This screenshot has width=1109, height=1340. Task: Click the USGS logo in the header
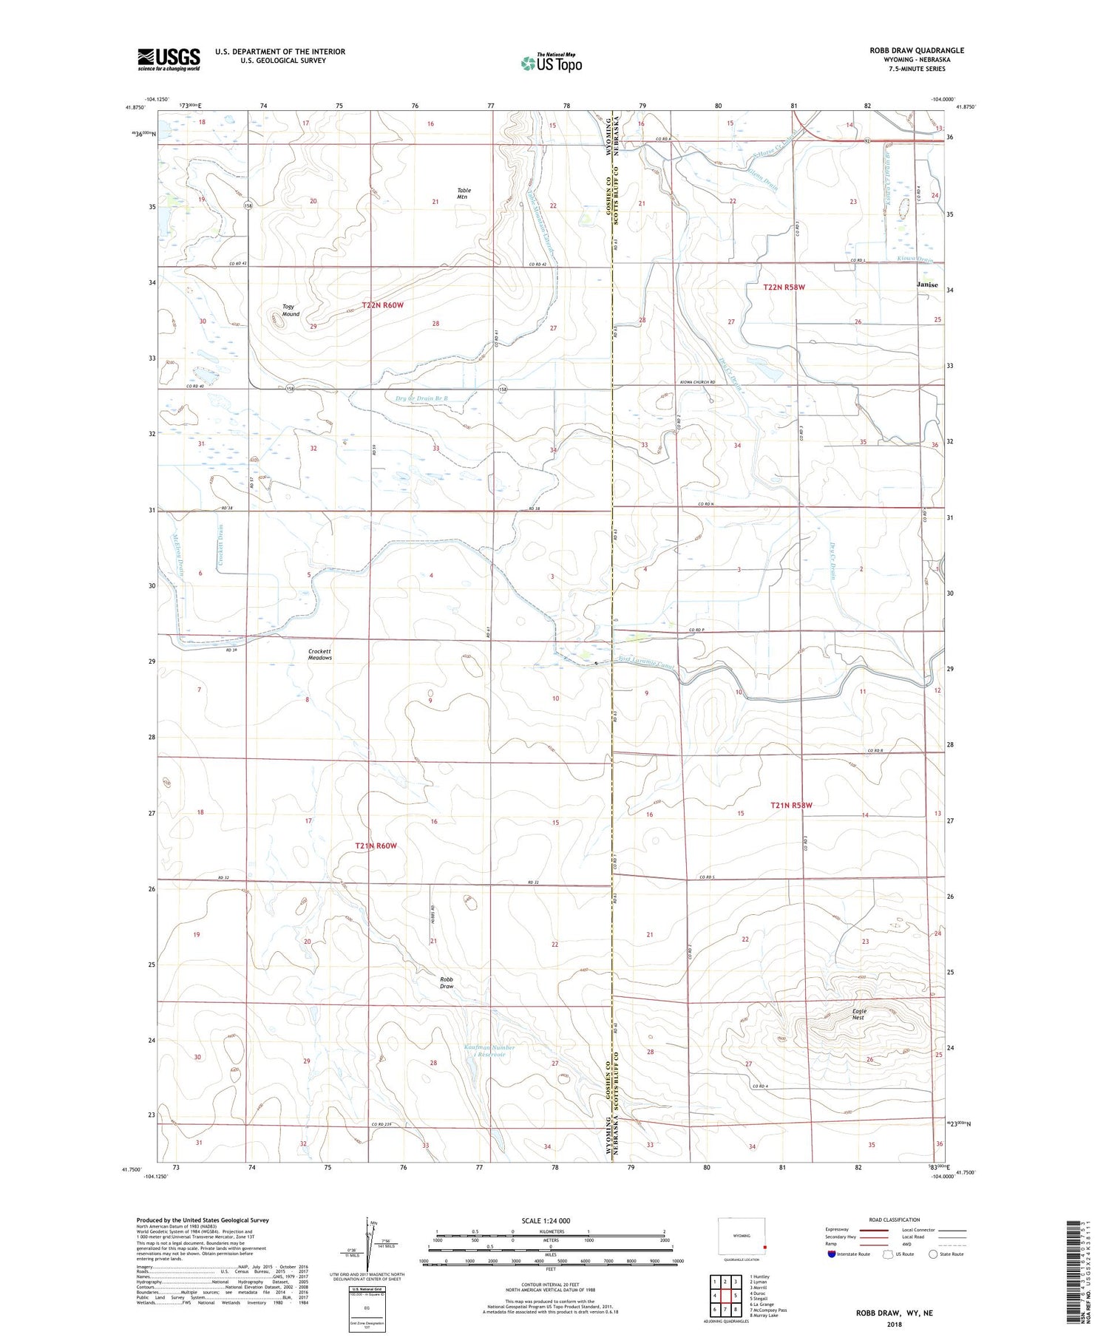pyautogui.click(x=169, y=59)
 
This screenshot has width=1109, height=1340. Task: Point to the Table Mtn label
pyautogui.click(x=463, y=194)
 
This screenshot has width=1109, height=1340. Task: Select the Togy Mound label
pyautogui.click(x=290, y=310)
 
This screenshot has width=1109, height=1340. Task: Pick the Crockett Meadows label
pyautogui.click(x=320, y=655)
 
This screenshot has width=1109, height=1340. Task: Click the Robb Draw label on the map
pyautogui.click(x=446, y=982)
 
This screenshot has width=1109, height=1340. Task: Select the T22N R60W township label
pyautogui.click(x=383, y=305)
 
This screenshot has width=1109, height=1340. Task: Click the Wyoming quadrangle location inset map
pyautogui.click(x=742, y=1236)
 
